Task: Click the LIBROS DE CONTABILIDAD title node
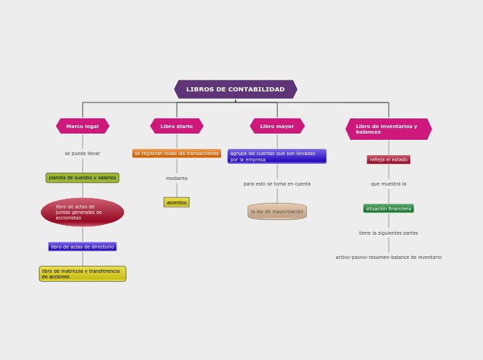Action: (236, 89)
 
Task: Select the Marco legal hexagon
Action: (82, 126)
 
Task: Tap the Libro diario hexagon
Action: (177, 126)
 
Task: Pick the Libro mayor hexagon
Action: (277, 126)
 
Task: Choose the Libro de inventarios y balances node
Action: (388, 129)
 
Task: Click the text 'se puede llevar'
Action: (82, 154)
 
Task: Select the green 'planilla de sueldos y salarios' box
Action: (82, 178)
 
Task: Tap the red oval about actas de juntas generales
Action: (82, 213)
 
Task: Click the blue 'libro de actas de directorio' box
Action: (82, 246)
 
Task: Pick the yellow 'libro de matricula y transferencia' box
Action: (82, 274)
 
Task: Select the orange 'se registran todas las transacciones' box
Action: (177, 154)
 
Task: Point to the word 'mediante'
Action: (177, 179)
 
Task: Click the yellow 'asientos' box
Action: (177, 202)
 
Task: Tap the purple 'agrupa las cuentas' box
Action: (276, 156)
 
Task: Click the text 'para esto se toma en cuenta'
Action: (277, 184)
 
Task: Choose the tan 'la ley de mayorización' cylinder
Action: (277, 211)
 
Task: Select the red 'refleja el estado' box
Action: (388, 160)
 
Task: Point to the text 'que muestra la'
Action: (388, 184)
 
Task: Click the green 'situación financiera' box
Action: (388, 208)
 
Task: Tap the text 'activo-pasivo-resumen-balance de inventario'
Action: (388, 258)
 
